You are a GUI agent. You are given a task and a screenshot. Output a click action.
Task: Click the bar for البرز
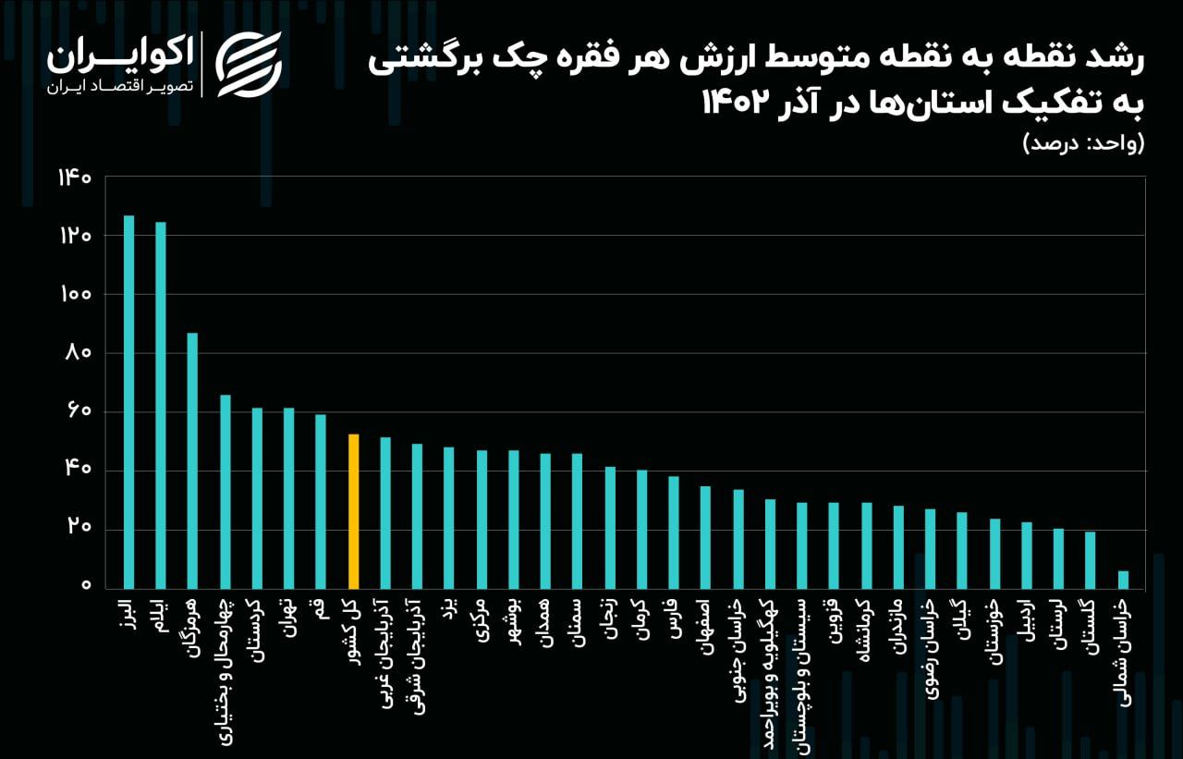click(x=128, y=402)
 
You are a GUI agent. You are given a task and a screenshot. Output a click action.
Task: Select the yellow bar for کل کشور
click(x=353, y=511)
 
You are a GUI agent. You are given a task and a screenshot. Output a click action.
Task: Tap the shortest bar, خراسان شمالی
click(x=1123, y=580)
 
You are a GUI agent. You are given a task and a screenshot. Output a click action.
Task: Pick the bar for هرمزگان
click(x=192, y=460)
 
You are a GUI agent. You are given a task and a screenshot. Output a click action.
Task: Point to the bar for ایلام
click(x=161, y=405)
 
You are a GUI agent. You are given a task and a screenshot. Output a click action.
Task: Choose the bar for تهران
click(x=288, y=498)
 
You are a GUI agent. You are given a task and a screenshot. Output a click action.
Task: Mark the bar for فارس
click(x=674, y=533)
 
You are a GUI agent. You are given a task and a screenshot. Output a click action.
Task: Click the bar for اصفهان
click(x=705, y=537)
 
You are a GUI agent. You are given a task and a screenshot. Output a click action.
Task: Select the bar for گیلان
click(x=962, y=550)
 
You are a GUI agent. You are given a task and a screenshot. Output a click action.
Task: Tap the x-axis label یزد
click(x=448, y=611)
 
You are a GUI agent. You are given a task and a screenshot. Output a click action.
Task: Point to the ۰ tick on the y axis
click(x=86, y=586)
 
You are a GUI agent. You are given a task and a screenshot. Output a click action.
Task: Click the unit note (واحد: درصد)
click(x=1083, y=143)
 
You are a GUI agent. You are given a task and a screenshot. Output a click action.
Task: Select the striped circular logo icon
click(x=249, y=64)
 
